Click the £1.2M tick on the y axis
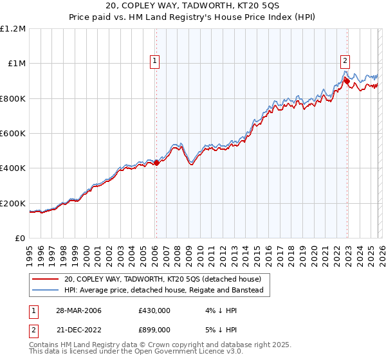(x=13, y=28)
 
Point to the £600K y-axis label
(x=13, y=133)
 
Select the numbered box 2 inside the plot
(x=345, y=61)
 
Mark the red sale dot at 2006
(x=156, y=163)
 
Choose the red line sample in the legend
(x=46, y=279)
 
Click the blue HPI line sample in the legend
(x=46, y=291)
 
